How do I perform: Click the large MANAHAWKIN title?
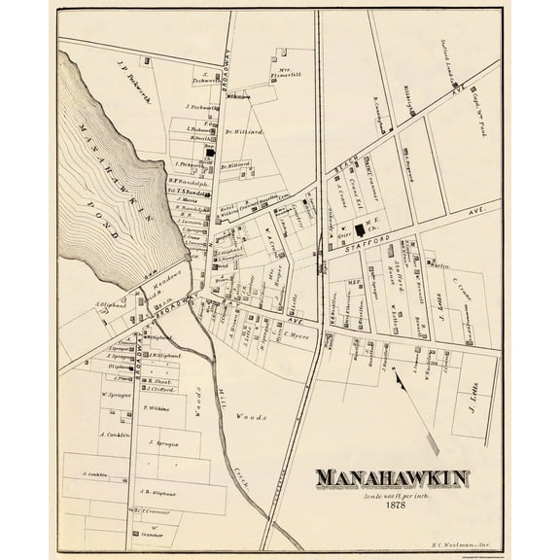point(390,478)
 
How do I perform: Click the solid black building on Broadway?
point(206,154)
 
